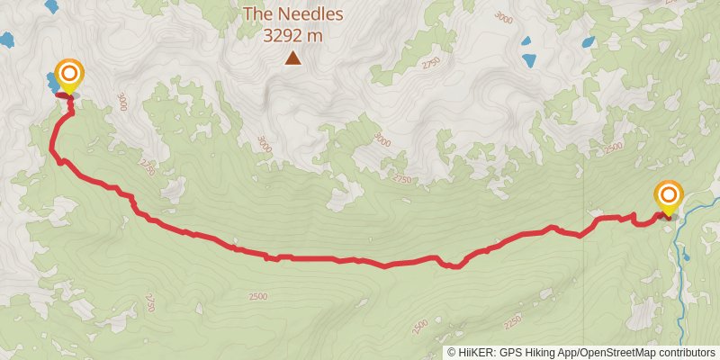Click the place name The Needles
pyautogui.click(x=292, y=14)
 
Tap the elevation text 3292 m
pyautogui.click(x=292, y=37)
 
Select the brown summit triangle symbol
pyautogui.click(x=292, y=58)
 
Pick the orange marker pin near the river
pyautogui.click(x=668, y=196)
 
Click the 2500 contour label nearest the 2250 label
pyautogui.click(x=418, y=325)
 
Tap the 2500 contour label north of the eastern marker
pyautogui.click(x=614, y=147)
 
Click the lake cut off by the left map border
pyautogui.click(x=6, y=40)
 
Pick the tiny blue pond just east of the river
pyautogui.click(x=687, y=257)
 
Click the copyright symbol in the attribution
pyautogui.click(x=452, y=352)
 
